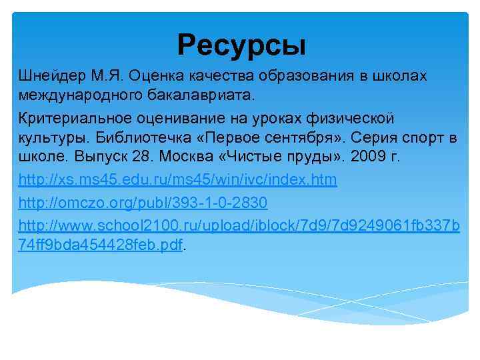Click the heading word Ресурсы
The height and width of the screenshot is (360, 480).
click(241, 45)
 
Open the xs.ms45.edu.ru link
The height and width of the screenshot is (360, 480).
click(178, 180)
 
